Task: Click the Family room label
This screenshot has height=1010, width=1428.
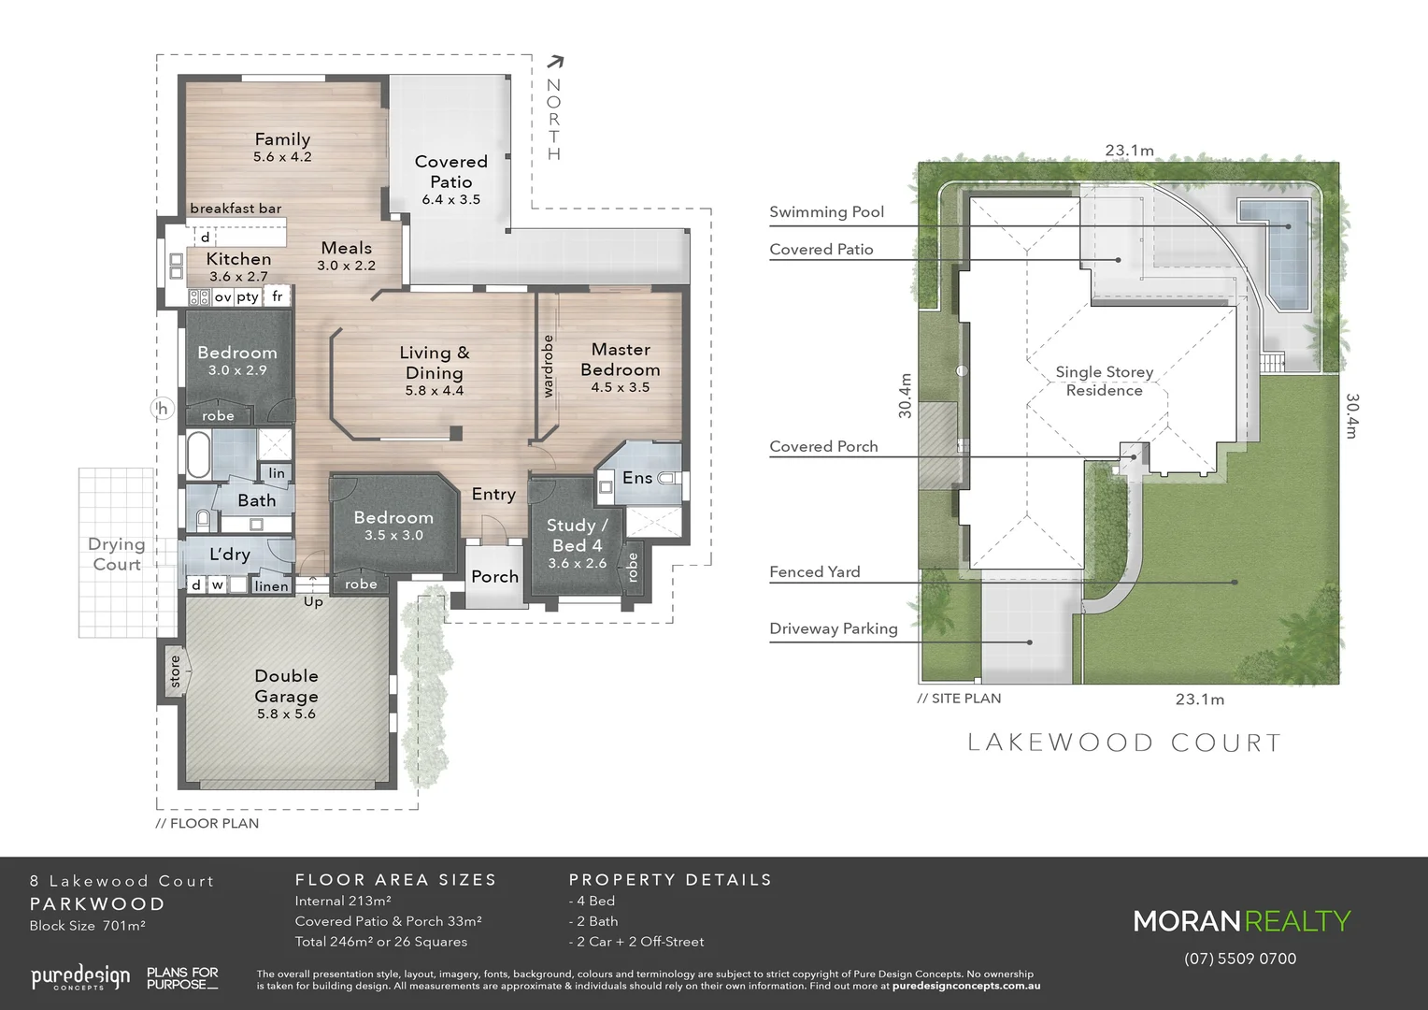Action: click(282, 139)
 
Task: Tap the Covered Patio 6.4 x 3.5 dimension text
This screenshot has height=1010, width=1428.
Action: click(450, 199)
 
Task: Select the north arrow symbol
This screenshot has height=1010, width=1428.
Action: click(555, 63)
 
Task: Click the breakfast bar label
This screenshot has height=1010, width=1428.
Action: click(236, 209)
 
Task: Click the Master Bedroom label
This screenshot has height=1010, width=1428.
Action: click(621, 359)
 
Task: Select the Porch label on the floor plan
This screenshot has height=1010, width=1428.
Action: click(494, 577)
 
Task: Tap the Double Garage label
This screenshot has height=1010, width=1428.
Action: click(286, 685)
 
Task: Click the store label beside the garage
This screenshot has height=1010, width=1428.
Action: click(175, 671)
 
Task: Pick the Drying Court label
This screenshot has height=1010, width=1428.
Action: click(117, 554)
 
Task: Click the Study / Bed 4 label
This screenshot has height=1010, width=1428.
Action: click(577, 535)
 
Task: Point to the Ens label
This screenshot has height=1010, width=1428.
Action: click(637, 478)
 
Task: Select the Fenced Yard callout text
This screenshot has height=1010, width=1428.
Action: click(814, 571)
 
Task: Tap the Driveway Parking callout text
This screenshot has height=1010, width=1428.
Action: click(833, 628)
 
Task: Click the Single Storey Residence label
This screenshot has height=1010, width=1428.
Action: click(1104, 381)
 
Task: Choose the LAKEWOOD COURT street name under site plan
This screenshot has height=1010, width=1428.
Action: click(1124, 743)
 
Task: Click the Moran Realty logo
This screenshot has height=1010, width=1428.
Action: click(1242, 921)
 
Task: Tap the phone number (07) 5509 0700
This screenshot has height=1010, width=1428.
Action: click(1240, 959)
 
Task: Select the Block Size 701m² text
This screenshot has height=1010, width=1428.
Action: click(87, 926)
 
